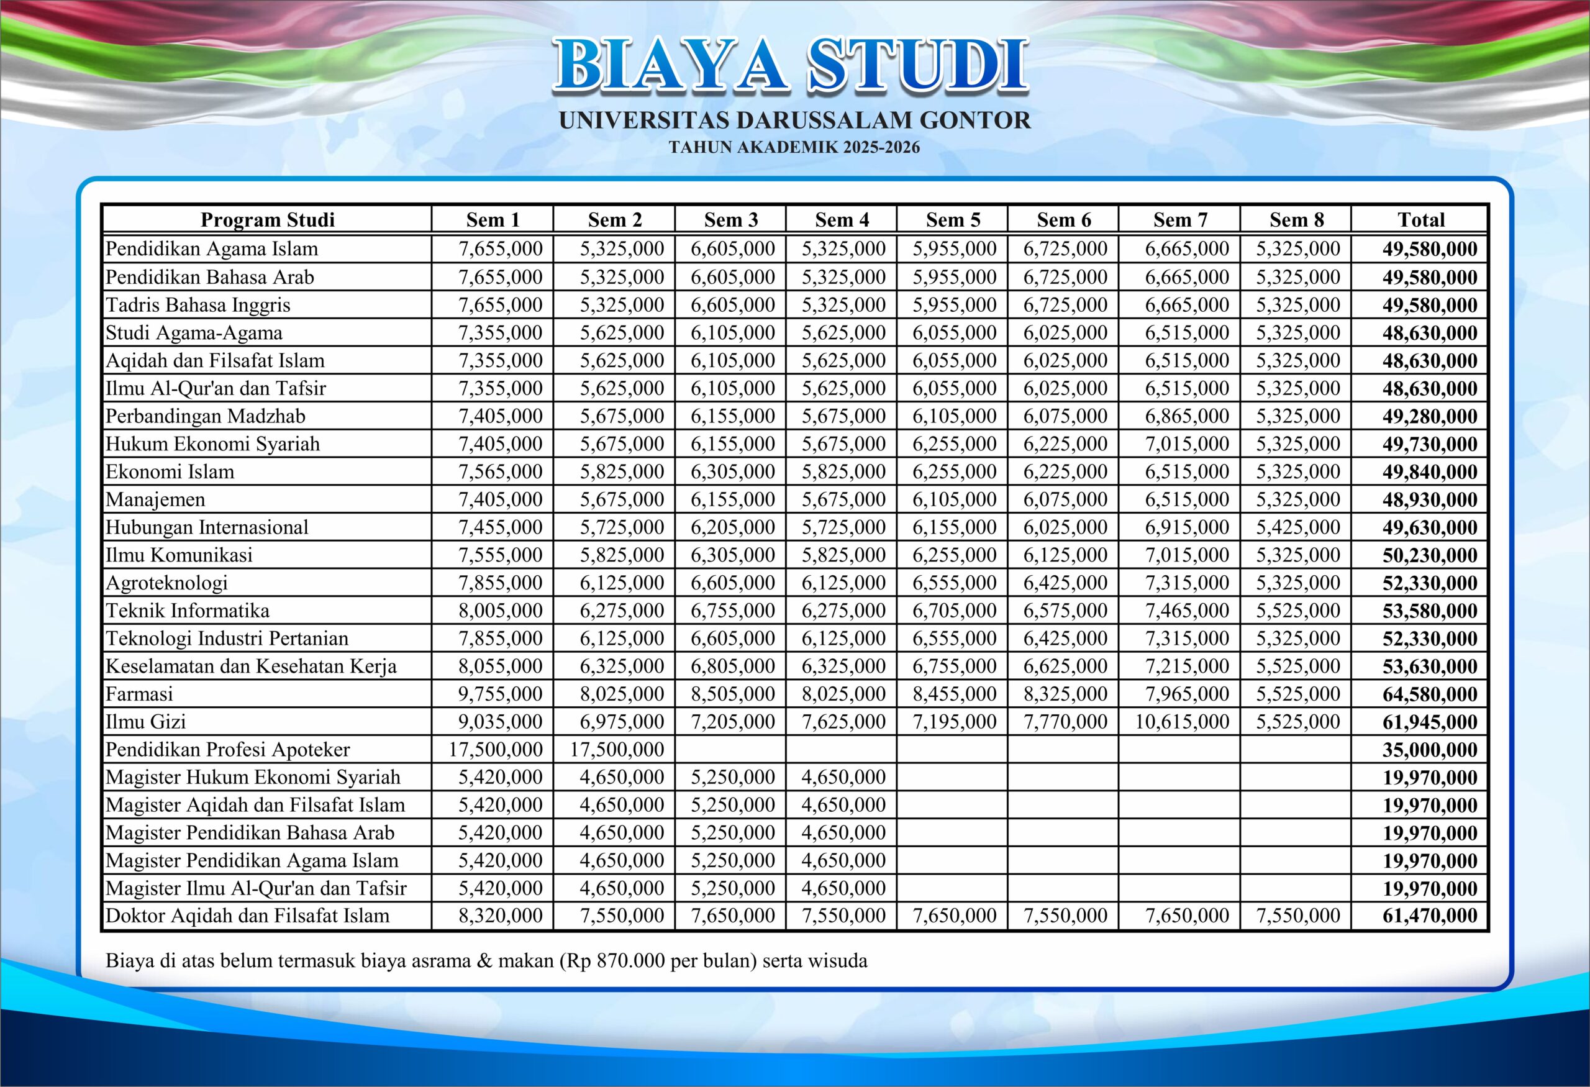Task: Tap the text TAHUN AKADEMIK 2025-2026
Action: pyautogui.click(x=794, y=147)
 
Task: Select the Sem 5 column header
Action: pyautogui.click(x=952, y=220)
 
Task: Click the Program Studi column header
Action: pyautogui.click(x=268, y=220)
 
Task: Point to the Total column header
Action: pyautogui.click(x=1420, y=220)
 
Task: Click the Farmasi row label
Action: pyautogui.click(x=139, y=694)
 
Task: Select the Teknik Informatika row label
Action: pyautogui.click(x=188, y=610)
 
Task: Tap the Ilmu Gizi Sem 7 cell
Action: pyautogui.click(x=1181, y=722)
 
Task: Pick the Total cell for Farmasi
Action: pyautogui.click(x=1429, y=694)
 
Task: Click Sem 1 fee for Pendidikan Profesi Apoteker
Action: pyautogui.click(x=496, y=750)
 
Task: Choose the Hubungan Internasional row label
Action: pyautogui.click(x=207, y=527)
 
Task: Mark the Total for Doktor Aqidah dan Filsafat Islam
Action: pyautogui.click(x=1429, y=916)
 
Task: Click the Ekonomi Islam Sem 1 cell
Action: pyautogui.click(x=500, y=472)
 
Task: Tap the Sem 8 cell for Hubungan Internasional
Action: pyautogui.click(x=1297, y=527)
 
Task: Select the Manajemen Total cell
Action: pyautogui.click(x=1429, y=499)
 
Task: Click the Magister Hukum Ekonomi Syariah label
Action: pyautogui.click(x=252, y=777)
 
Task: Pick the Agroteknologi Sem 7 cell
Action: pyautogui.click(x=1186, y=583)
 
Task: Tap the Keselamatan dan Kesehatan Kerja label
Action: pyautogui.click(x=250, y=666)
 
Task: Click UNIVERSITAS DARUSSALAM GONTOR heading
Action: pyautogui.click(x=794, y=121)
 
